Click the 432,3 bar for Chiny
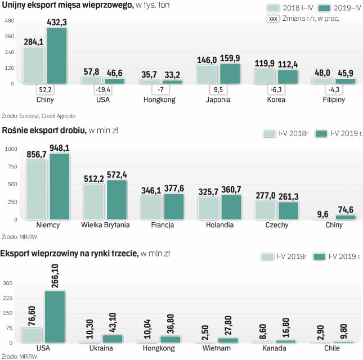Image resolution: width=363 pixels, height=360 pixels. (57, 56)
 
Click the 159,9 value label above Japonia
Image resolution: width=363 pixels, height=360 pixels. (231, 58)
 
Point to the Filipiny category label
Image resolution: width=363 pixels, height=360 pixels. (333, 100)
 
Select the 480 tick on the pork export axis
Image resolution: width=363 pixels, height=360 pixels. (9, 21)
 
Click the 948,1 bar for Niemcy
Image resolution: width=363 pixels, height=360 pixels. (60, 186)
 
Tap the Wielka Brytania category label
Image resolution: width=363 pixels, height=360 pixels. (105, 225)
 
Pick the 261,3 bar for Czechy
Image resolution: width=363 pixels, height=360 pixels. (289, 210)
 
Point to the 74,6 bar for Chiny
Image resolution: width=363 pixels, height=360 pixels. (346, 217)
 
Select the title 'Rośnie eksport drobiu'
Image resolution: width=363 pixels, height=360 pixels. (43, 131)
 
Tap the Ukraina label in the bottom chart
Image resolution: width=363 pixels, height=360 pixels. (101, 348)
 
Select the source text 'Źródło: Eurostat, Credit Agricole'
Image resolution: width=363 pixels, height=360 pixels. (38, 115)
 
